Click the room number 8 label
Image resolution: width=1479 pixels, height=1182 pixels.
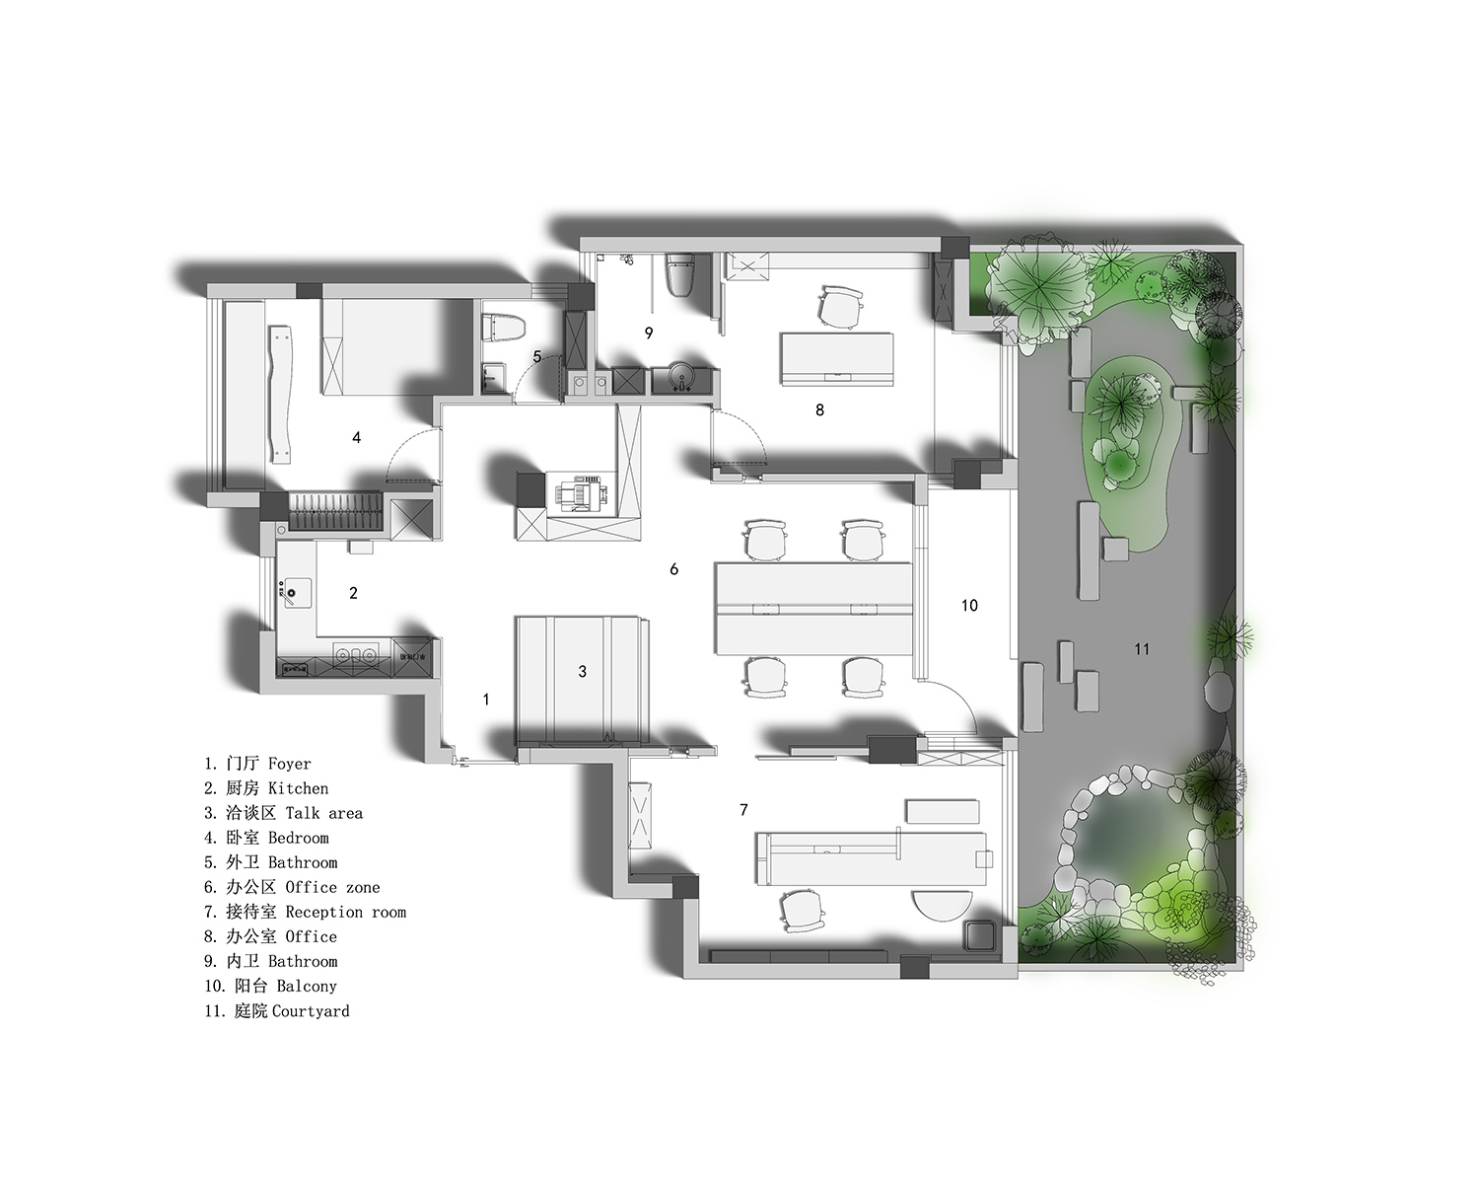(819, 409)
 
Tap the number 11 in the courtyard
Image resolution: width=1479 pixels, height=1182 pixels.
(1142, 648)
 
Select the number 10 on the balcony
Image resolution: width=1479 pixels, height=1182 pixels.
(969, 605)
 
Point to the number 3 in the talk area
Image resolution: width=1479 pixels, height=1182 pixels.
(582, 671)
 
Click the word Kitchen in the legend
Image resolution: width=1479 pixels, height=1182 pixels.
(299, 788)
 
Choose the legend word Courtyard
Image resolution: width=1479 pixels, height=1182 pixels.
(311, 1010)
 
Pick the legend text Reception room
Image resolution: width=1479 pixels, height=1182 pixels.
(346, 912)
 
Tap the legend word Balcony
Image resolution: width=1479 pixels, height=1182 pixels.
(307, 986)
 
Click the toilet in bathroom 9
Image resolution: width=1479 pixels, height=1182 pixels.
(680, 275)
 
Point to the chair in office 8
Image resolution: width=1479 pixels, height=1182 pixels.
(840, 307)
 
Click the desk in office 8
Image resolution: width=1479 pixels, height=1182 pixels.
(837, 358)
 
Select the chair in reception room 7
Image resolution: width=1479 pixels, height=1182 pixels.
(802, 911)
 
